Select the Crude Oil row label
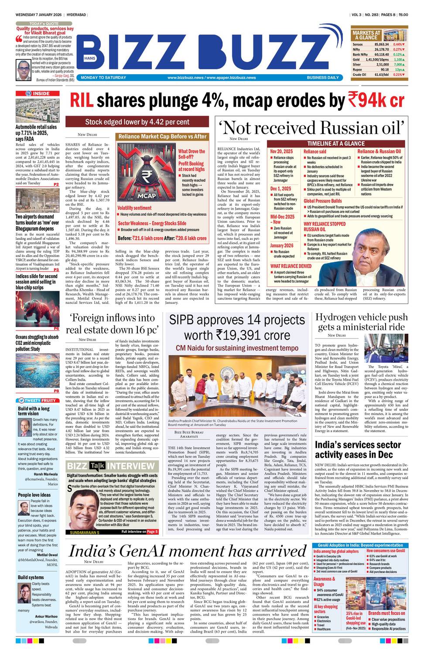coord(359,75)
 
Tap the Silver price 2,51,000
coord(381,64)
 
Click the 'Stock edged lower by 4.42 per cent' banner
coord(137,122)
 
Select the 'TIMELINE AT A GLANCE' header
coord(335,143)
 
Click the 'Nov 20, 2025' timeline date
coord(281,151)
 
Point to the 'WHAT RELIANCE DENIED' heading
coord(291,266)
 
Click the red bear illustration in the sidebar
coord(37,308)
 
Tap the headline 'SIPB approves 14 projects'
coord(231,320)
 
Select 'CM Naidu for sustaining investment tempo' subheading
coord(231,348)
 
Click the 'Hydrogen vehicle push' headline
coord(361,317)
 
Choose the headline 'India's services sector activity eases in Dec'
coord(358,450)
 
